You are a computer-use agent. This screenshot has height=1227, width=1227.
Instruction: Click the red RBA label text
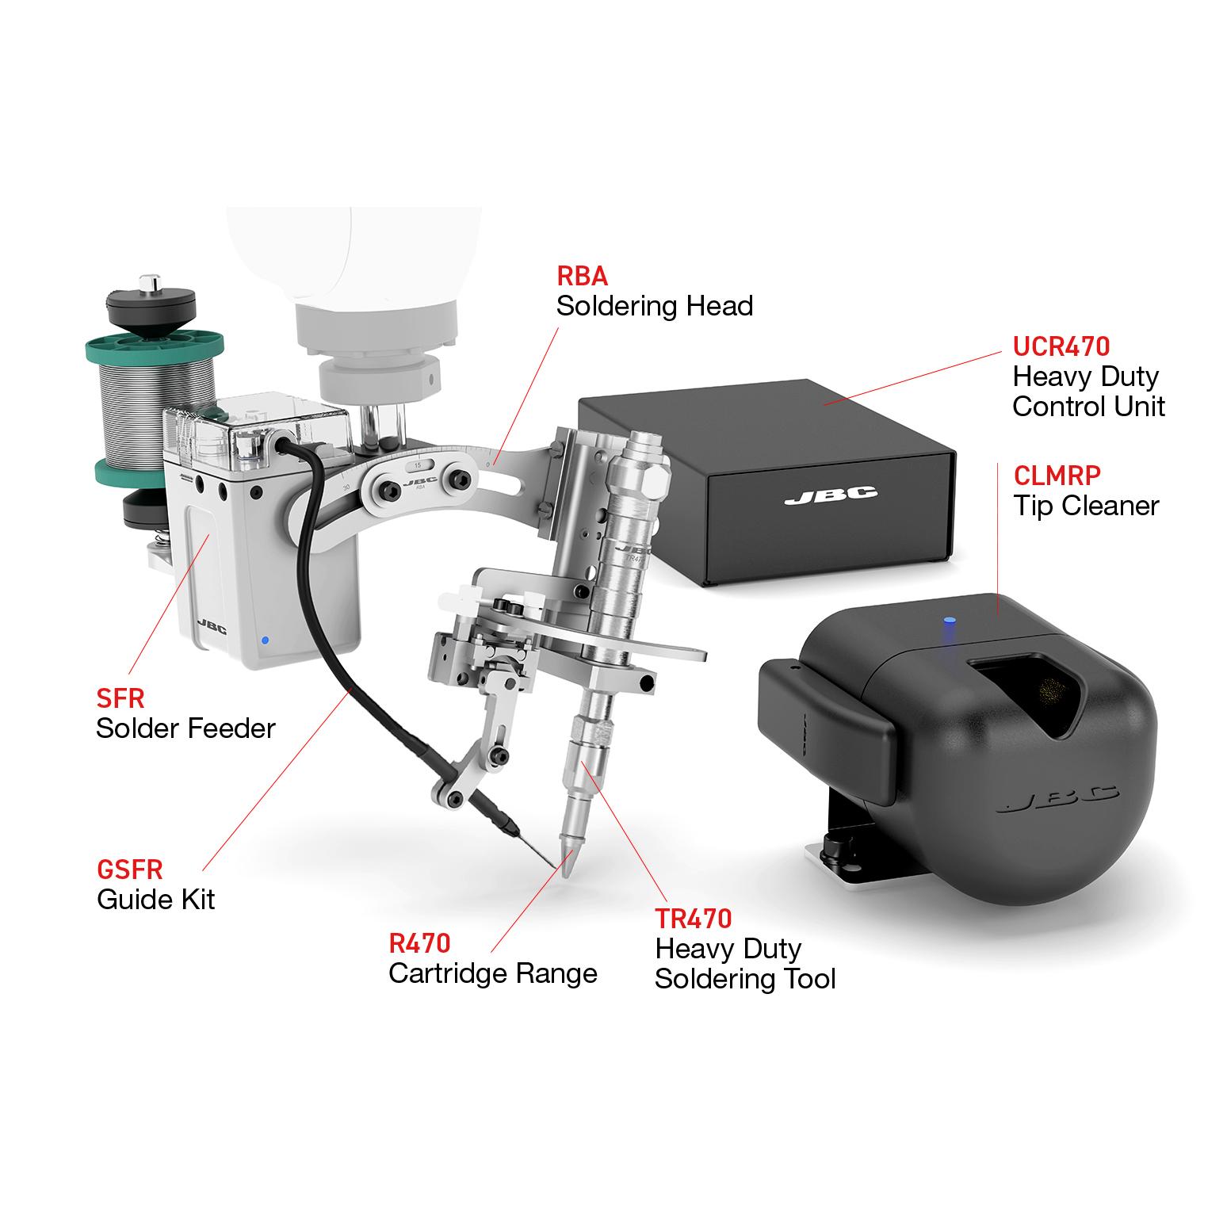pyautogui.click(x=582, y=276)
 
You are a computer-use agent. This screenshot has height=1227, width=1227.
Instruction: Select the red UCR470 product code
pyautogui.click(x=1061, y=346)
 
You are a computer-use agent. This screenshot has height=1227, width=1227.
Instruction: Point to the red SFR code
pyautogui.click(x=120, y=698)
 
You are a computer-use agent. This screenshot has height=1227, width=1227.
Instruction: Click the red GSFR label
pyautogui.click(x=130, y=870)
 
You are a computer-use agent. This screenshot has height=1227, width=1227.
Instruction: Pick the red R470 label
pyautogui.click(x=419, y=943)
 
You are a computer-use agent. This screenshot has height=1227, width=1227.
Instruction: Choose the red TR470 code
pyautogui.click(x=693, y=919)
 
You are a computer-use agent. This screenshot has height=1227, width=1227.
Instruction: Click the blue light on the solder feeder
pyautogui.click(x=265, y=640)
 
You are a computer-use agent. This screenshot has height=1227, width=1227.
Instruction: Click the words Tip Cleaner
pyautogui.click(x=1086, y=506)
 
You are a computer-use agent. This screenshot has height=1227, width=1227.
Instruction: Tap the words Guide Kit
pyautogui.click(x=156, y=900)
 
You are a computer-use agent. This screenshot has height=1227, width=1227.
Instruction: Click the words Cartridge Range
pyautogui.click(x=492, y=973)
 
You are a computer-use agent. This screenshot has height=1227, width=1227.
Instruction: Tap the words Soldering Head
pyautogui.click(x=654, y=306)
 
